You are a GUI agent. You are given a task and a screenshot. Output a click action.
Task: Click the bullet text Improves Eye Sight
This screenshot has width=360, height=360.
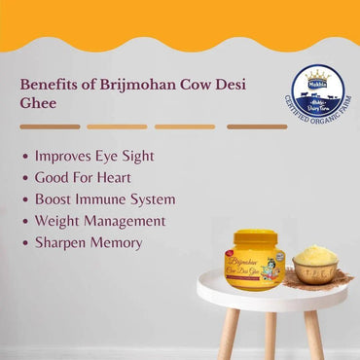94,156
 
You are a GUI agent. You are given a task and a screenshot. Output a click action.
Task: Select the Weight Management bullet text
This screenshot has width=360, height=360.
100,221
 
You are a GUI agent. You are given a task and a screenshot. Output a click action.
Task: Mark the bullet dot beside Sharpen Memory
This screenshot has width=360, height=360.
23,243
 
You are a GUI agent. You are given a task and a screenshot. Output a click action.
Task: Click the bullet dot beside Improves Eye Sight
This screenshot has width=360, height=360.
23,156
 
